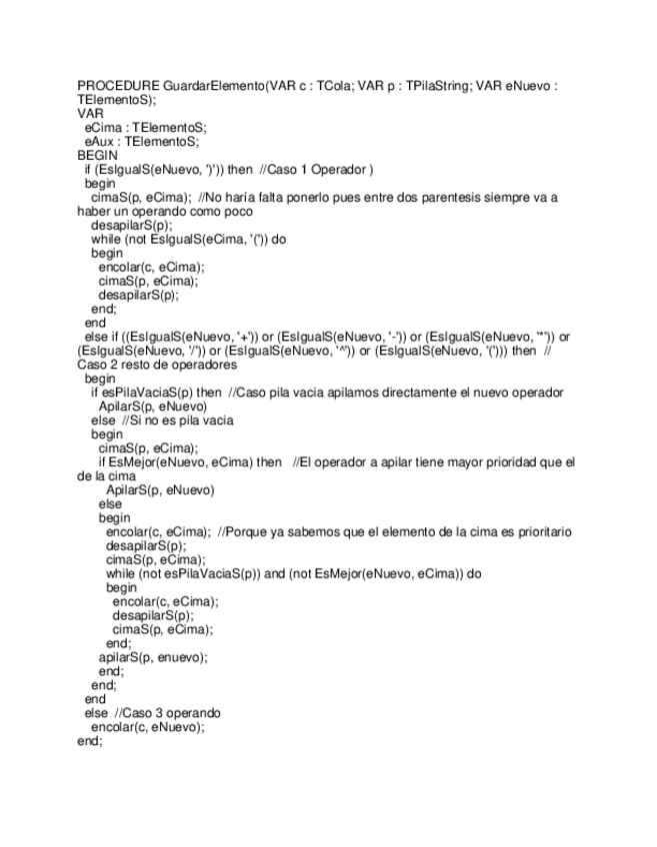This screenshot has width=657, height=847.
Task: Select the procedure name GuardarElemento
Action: point(214,86)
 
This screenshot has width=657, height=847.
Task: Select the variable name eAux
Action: point(98,142)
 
